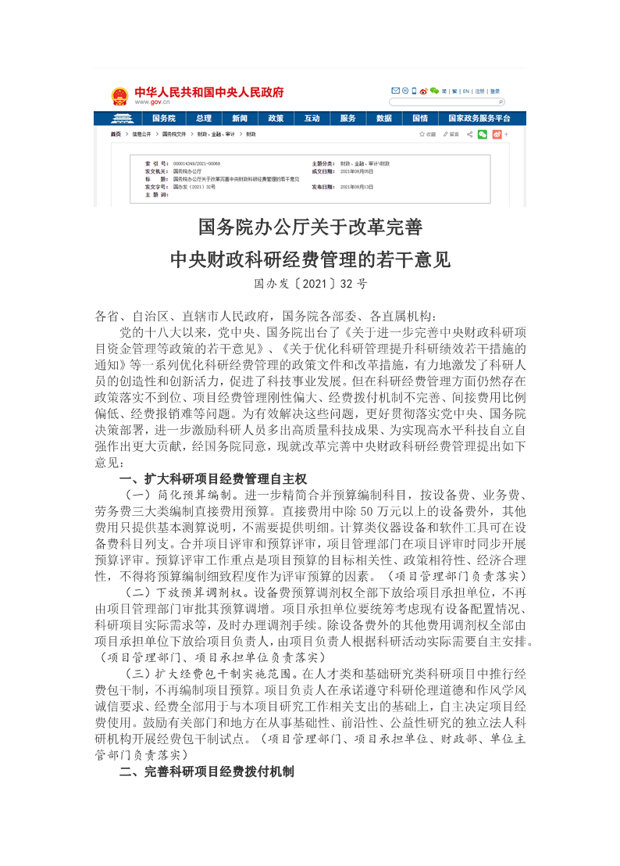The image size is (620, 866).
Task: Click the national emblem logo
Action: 119,96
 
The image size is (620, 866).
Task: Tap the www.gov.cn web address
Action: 153,102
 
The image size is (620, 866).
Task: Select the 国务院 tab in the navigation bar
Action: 163,119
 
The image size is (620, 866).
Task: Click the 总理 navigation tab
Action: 204,119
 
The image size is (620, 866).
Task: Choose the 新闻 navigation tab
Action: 240,119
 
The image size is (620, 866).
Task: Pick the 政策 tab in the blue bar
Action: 276,119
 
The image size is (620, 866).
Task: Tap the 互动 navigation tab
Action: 312,119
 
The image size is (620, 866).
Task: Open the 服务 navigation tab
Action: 347,119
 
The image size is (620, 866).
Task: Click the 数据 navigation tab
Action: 383,119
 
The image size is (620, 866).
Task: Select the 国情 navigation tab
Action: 419,119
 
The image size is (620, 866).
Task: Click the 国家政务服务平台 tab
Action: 479,119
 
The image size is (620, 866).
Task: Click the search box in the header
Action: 445,102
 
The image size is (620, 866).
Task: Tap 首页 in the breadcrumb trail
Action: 116,134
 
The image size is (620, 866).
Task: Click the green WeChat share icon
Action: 483,134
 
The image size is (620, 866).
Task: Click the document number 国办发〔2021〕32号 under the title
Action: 310,284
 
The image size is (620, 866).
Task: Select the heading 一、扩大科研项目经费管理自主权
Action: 212,478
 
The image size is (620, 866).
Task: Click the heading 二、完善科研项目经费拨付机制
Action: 206,772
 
